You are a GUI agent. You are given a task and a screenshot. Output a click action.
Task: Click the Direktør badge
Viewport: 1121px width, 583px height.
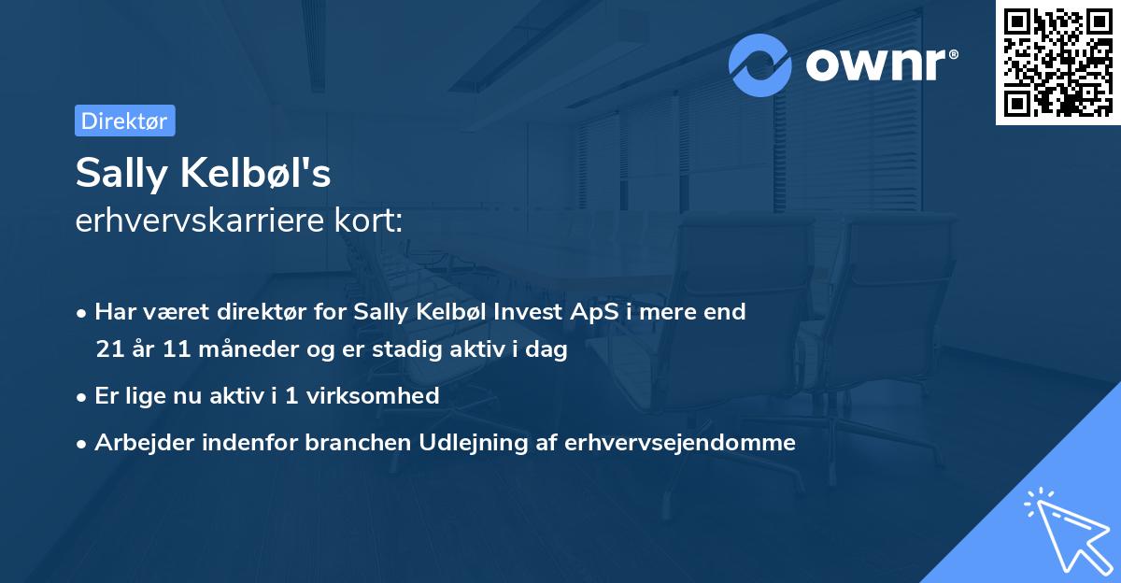click(x=124, y=121)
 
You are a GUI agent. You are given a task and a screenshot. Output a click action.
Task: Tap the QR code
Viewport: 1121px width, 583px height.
click(x=1057, y=63)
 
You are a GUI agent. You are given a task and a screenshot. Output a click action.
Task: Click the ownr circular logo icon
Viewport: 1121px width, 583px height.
click(x=760, y=64)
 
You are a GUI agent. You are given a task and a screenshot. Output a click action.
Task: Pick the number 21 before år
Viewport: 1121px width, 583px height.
click(x=107, y=351)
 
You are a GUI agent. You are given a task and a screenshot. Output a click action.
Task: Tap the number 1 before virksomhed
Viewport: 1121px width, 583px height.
click(x=291, y=396)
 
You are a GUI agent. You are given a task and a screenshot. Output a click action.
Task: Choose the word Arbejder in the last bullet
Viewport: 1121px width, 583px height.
click(x=137, y=443)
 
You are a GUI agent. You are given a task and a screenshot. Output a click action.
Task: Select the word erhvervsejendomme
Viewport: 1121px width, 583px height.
click(x=680, y=443)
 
